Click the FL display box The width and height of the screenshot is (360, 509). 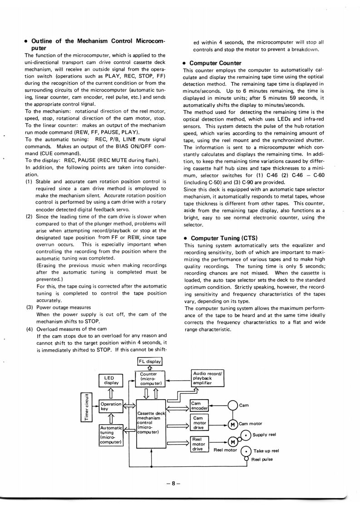point(149,362)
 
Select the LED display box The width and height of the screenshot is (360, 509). point(111,380)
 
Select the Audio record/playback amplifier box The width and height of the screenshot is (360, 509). point(208,377)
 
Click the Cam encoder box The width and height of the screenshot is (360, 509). point(199,405)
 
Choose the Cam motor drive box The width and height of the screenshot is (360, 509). point(199,423)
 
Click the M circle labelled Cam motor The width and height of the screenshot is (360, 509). point(233,425)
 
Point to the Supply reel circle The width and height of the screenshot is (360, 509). point(246,435)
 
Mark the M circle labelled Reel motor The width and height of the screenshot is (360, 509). point(233,442)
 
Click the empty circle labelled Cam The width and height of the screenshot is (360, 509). point(233,405)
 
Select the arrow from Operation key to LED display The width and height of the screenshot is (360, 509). point(111,393)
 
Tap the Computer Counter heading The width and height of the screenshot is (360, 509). point(216,63)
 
